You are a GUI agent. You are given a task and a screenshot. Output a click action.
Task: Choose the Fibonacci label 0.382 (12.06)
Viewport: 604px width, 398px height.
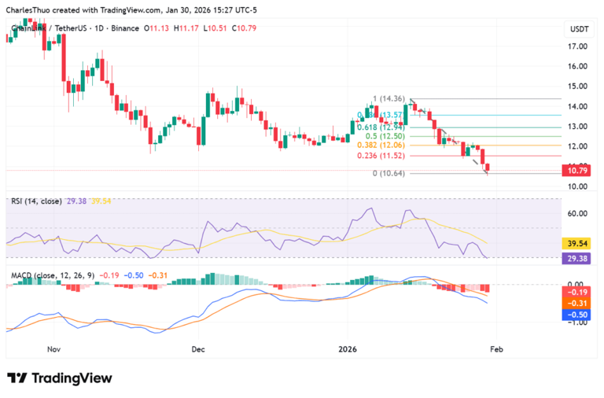pyautogui.click(x=381, y=146)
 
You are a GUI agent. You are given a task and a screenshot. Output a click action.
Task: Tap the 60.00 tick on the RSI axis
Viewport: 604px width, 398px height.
pyautogui.click(x=578, y=213)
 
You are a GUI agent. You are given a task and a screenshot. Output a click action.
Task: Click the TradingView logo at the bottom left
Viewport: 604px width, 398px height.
pyautogui.click(x=59, y=378)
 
